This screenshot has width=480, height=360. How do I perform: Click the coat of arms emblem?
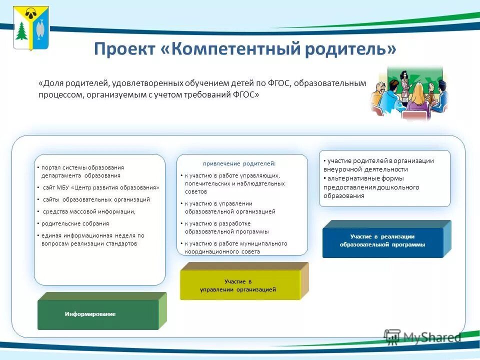[x=31, y=28]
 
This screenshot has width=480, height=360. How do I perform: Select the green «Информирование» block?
[x=98, y=313]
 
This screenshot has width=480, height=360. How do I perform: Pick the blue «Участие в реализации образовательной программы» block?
[x=382, y=240]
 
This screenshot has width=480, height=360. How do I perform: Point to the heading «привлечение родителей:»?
[x=239, y=163]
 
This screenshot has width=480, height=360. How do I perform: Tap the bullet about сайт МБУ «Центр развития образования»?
[x=100, y=187]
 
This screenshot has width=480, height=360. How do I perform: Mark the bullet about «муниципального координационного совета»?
[x=235, y=247]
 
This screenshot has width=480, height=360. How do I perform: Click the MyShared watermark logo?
[x=422, y=337]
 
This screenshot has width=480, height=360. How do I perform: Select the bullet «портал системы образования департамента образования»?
[x=82, y=171]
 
